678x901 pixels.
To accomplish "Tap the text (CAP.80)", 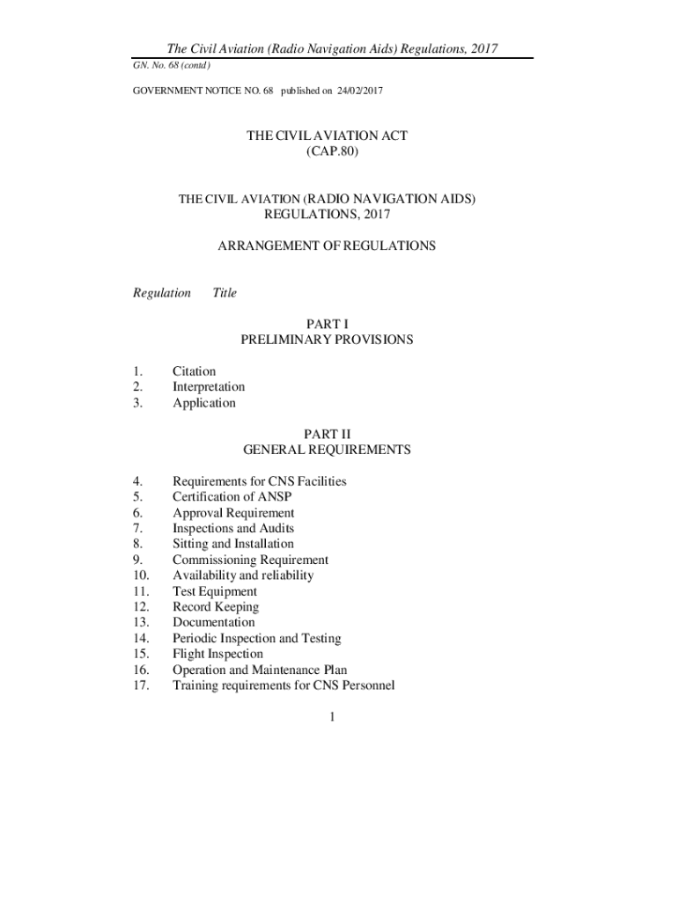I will coord(327,152).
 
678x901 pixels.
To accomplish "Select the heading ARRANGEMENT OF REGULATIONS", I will coord(327,246).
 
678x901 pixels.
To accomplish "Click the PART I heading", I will coord(327,324).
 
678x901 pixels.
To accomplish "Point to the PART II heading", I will coord(327,434).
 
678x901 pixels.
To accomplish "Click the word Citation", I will coord(194,371).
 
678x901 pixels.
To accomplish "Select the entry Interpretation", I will coord(209,387).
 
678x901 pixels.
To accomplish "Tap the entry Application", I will coord(204,403).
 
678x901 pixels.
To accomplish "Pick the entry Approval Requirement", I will coord(233,513).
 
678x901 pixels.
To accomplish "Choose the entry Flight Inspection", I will coord(217,654).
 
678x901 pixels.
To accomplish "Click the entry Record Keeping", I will coord(216,607).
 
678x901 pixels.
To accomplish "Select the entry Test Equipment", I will coord(215,591).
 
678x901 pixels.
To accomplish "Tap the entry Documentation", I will coord(214,623).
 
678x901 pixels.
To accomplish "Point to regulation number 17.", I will coord(139,685).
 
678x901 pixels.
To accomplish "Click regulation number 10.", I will coord(139,575).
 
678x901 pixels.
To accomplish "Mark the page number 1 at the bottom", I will coord(332,718).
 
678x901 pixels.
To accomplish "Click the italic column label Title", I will coord(225,293).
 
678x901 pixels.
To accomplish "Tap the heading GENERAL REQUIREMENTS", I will coord(327,450).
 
